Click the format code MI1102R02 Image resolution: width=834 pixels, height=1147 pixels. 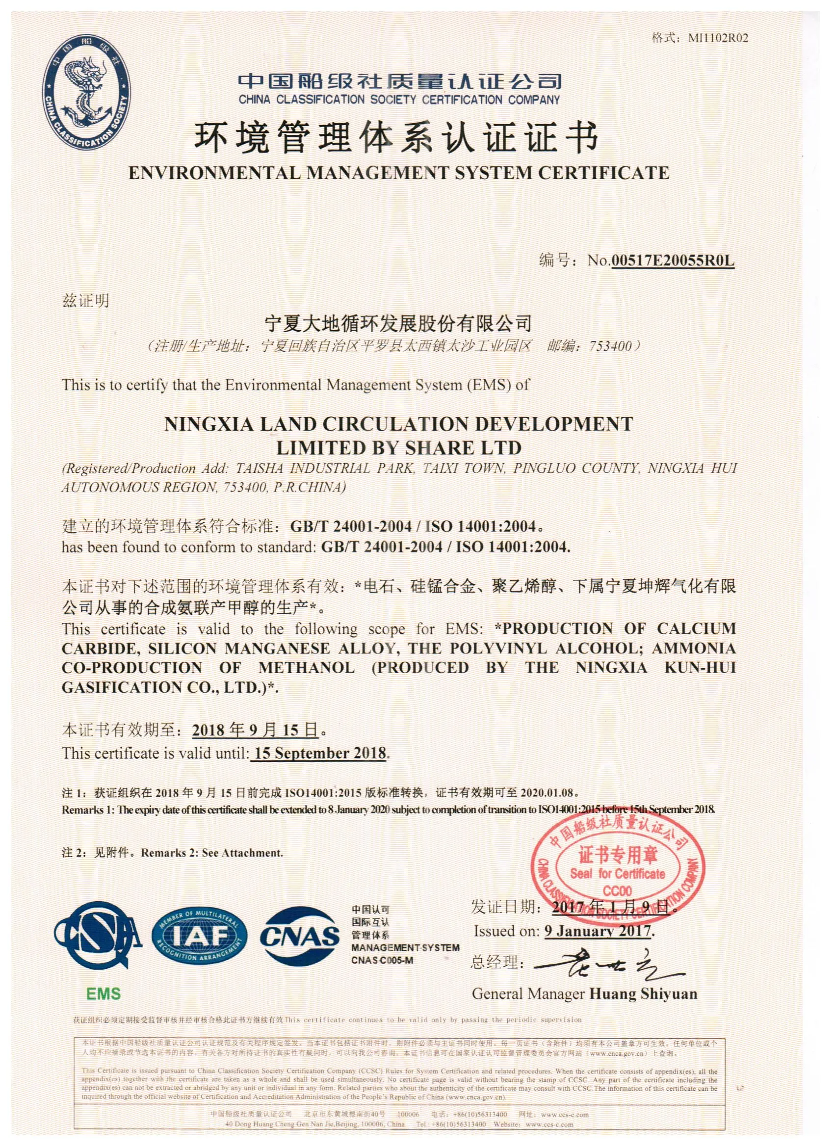(x=718, y=38)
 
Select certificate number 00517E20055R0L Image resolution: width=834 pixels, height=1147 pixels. (x=673, y=261)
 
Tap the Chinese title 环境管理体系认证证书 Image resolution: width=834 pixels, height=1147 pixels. (x=397, y=137)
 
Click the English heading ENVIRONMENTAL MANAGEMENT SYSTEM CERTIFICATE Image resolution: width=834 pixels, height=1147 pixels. (x=399, y=174)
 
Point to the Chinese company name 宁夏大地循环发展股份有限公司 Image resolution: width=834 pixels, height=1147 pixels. (x=399, y=322)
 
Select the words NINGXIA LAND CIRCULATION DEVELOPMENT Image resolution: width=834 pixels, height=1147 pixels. (x=398, y=423)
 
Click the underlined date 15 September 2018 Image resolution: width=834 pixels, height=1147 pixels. (x=320, y=754)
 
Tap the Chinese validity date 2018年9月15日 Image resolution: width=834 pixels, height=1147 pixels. (x=256, y=730)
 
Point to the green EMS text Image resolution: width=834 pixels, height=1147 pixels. (x=103, y=994)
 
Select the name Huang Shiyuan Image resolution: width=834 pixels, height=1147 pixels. (x=643, y=994)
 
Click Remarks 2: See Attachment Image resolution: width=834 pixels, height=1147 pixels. (x=212, y=853)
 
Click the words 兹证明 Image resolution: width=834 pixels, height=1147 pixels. (x=85, y=301)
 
